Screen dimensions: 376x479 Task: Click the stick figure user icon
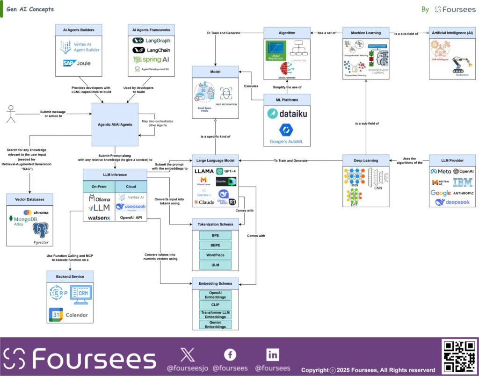pyautogui.click(x=10, y=115)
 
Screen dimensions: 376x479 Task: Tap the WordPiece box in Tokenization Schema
pyautogui.click(x=215, y=255)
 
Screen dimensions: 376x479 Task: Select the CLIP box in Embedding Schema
pyautogui.click(x=215, y=304)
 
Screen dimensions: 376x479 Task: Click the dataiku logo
pyautogui.click(x=287, y=114)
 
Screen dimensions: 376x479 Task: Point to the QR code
pyautogui.click(x=459, y=356)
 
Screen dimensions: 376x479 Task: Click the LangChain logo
pyautogui.click(x=148, y=50)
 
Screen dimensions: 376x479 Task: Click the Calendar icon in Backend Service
pyautogui.click(x=69, y=315)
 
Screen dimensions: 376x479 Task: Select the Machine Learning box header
pyautogui.click(x=366, y=33)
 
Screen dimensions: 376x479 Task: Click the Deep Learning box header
pyautogui.click(x=366, y=160)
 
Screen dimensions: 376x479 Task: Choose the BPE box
pyautogui.click(x=215, y=235)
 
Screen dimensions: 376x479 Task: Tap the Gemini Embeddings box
pyautogui.click(x=215, y=324)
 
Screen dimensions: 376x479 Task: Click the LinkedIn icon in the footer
pyautogui.click(x=272, y=354)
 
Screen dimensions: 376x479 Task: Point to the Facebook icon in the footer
pyautogui.click(x=230, y=355)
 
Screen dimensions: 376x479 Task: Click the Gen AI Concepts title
pyautogui.click(x=30, y=9)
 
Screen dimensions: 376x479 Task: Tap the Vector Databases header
pyautogui.click(x=30, y=199)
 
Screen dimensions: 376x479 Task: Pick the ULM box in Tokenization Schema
pyautogui.click(x=215, y=265)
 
